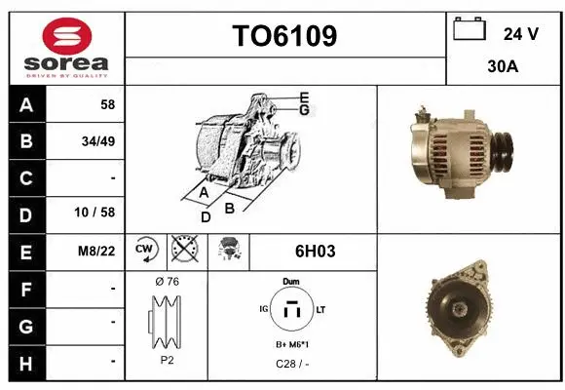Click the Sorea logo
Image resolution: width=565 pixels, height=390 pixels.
[x=66, y=49]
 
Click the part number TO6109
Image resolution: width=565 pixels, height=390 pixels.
[x=284, y=36]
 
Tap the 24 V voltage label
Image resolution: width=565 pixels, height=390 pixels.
[x=521, y=34]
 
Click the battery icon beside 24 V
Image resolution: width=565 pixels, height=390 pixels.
[x=469, y=30]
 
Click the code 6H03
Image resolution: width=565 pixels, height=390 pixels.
[x=315, y=251]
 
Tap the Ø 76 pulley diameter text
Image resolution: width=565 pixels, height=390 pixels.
[x=168, y=281]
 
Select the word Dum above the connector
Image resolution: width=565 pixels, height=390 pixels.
[x=291, y=281]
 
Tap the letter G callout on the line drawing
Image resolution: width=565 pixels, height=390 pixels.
[x=304, y=110]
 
